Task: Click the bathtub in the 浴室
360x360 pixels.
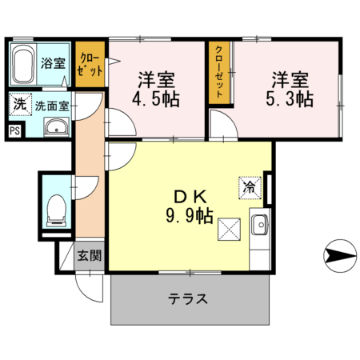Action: click(x=24, y=64)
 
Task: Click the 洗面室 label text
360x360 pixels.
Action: click(x=51, y=105)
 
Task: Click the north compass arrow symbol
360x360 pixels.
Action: click(x=340, y=256)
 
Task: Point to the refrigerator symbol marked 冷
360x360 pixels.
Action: click(x=249, y=188)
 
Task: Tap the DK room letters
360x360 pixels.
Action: click(x=189, y=196)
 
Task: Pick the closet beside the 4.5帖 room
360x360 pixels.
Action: click(x=90, y=64)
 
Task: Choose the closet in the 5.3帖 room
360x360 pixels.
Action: click(x=218, y=72)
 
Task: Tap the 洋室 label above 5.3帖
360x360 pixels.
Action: click(x=290, y=80)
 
